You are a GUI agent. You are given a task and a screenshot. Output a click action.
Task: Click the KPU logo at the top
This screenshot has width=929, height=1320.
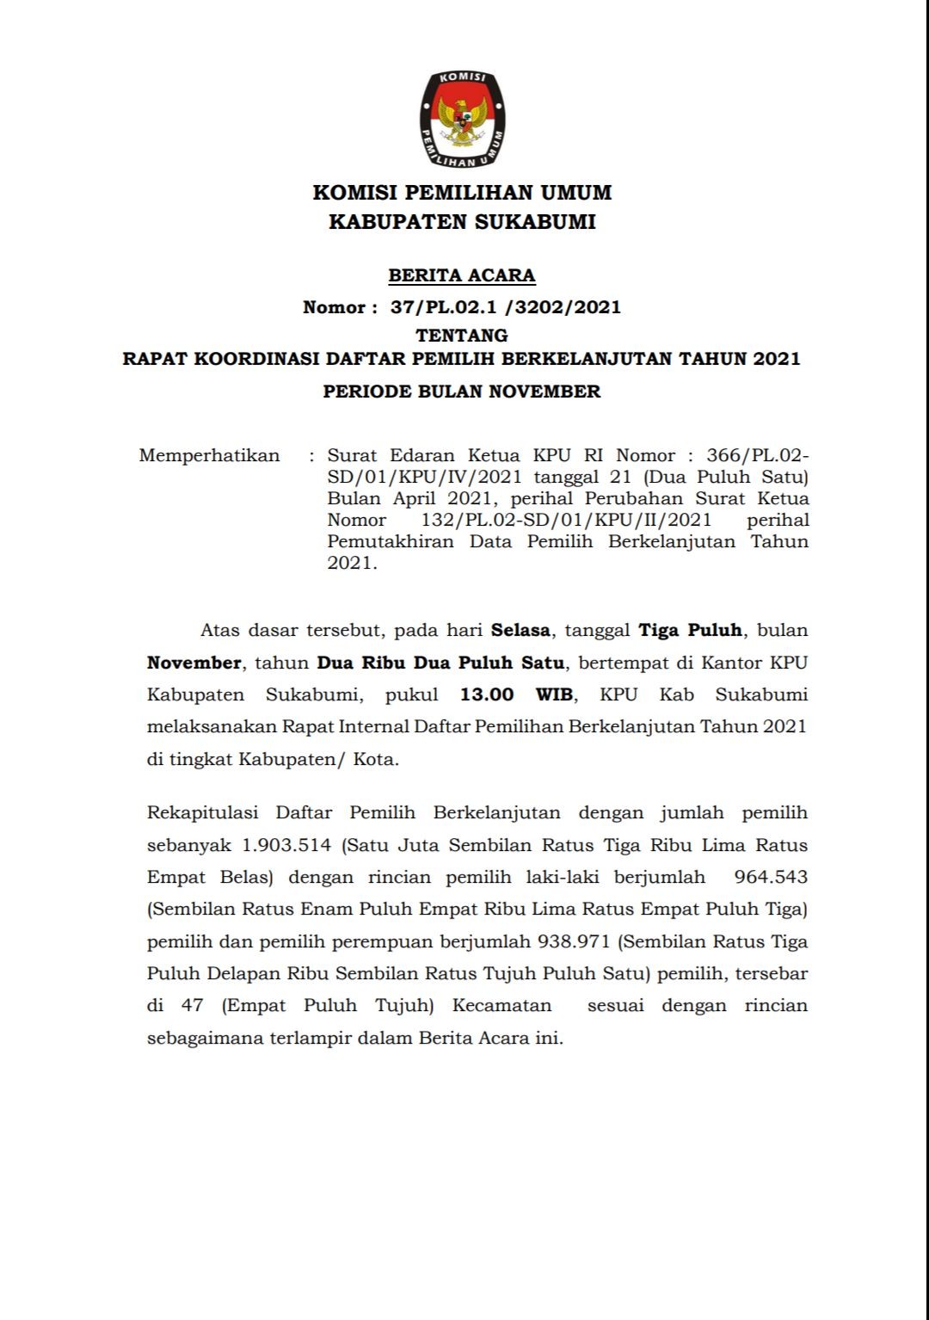pyautogui.click(x=462, y=120)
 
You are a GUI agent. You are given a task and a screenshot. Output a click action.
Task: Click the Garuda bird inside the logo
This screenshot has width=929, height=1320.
pyautogui.click(x=462, y=121)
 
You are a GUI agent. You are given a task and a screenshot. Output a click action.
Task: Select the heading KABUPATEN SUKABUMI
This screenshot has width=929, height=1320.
pyautogui.click(x=462, y=222)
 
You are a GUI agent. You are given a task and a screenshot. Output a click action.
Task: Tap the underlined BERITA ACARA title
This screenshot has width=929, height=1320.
pyautogui.click(x=462, y=275)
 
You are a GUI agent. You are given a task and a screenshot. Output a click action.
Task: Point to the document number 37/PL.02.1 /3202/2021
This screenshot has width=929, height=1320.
pyautogui.click(x=505, y=307)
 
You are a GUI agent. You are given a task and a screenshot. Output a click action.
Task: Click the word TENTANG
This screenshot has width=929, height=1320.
pyautogui.click(x=462, y=335)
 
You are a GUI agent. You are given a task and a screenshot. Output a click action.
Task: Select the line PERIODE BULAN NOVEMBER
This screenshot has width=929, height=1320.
pyautogui.click(x=462, y=392)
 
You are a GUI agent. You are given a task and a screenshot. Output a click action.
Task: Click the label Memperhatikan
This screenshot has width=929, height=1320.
pyautogui.click(x=209, y=455)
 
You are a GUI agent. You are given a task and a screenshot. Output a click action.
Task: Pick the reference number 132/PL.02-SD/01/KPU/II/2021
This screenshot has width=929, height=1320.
pyautogui.click(x=566, y=520)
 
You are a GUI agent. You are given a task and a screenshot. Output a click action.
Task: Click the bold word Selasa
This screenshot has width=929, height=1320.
pyautogui.click(x=520, y=630)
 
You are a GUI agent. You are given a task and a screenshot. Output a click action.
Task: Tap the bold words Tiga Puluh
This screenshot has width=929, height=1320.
pyautogui.click(x=690, y=630)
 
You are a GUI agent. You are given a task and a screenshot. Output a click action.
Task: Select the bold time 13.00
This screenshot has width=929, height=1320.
pyautogui.click(x=487, y=694)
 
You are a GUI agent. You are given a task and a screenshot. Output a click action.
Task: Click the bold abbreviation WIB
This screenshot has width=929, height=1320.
pyautogui.click(x=555, y=694)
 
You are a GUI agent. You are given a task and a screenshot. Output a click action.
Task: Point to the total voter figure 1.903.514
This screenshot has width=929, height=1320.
pyautogui.click(x=286, y=845)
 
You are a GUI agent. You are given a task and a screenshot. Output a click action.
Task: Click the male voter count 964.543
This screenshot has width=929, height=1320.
pyautogui.click(x=771, y=877)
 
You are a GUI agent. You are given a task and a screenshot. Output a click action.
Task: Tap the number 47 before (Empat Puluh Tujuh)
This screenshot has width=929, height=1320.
pyautogui.click(x=192, y=1005)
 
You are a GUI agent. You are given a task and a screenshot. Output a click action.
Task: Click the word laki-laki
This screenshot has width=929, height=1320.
pyautogui.click(x=563, y=877)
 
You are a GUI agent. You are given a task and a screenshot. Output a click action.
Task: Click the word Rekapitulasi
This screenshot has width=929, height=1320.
pyautogui.click(x=202, y=812)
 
